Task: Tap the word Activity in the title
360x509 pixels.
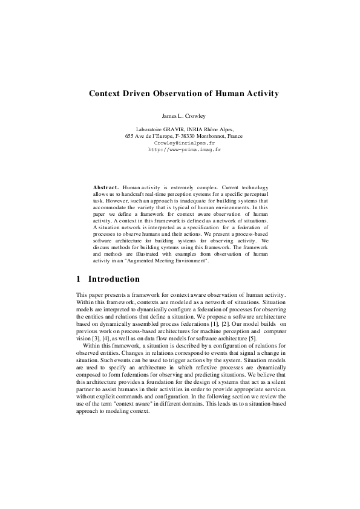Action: point(258,94)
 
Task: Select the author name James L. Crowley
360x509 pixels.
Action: point(180,115)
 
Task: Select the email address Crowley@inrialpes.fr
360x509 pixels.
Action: point(180,143)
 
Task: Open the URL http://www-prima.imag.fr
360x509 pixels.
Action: point(180,149)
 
